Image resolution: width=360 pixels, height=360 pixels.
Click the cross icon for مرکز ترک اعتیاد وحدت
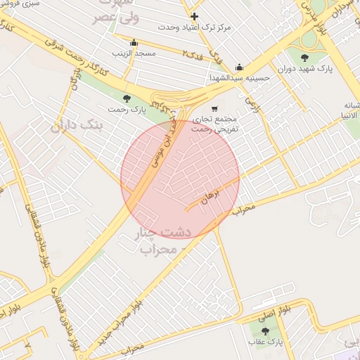point(195,15)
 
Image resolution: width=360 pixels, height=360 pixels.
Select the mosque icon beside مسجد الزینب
point(134,42)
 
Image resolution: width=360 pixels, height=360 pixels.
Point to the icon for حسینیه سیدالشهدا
point(239,67)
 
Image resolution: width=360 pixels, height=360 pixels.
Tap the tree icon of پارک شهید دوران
point(304,58)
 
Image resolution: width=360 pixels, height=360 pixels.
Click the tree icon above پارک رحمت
point(127,98)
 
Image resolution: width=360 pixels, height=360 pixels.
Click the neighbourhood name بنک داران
point(77,125)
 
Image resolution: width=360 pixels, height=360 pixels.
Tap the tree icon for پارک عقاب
point(264,330)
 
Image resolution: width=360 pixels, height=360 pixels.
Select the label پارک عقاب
point(264,342)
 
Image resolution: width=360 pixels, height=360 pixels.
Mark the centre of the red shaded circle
point(180,179)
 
